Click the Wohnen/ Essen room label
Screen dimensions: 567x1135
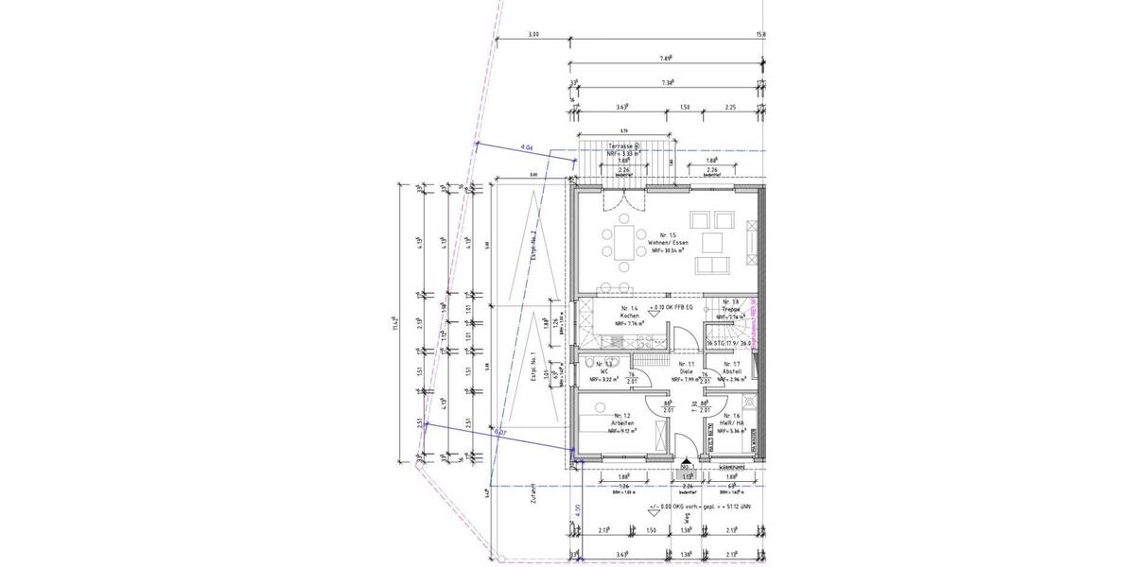click(669, 243)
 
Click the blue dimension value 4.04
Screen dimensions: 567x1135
click(528, 148)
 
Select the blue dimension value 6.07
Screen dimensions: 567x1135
click(500, 433)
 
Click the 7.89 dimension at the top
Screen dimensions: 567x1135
click(664, 59)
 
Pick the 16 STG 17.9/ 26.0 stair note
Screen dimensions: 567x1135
click(727, 343)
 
